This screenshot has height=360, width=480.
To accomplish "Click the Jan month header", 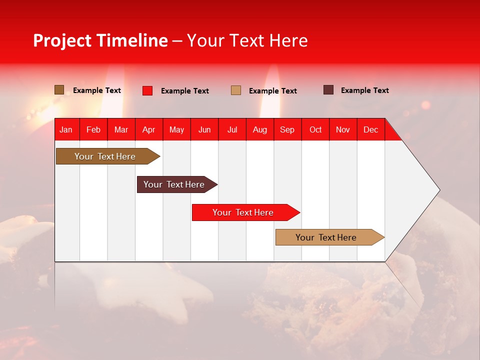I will (66, 129).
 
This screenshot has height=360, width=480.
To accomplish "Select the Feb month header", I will (93, 129).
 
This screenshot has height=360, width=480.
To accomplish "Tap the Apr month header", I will (148, 129).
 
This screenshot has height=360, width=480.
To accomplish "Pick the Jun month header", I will (204, 129).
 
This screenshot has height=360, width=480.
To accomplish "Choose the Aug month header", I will (259, 129).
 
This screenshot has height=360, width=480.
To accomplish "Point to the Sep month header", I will (287, 129).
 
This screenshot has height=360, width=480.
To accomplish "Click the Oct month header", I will (315, 129).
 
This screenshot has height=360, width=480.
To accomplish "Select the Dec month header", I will (370, 129).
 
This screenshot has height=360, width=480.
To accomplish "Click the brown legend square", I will (59, 90).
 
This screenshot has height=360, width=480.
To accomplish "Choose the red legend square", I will (147, 90).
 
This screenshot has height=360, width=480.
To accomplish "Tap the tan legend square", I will (236, 90).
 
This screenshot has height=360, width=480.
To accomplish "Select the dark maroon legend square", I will (328, 90).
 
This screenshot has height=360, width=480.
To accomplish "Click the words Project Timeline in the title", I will (100, 40).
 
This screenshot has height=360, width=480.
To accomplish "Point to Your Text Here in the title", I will (247, 40).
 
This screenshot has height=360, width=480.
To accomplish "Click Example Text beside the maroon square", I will (364, 90).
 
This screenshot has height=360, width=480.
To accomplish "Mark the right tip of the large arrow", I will (439, 190).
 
